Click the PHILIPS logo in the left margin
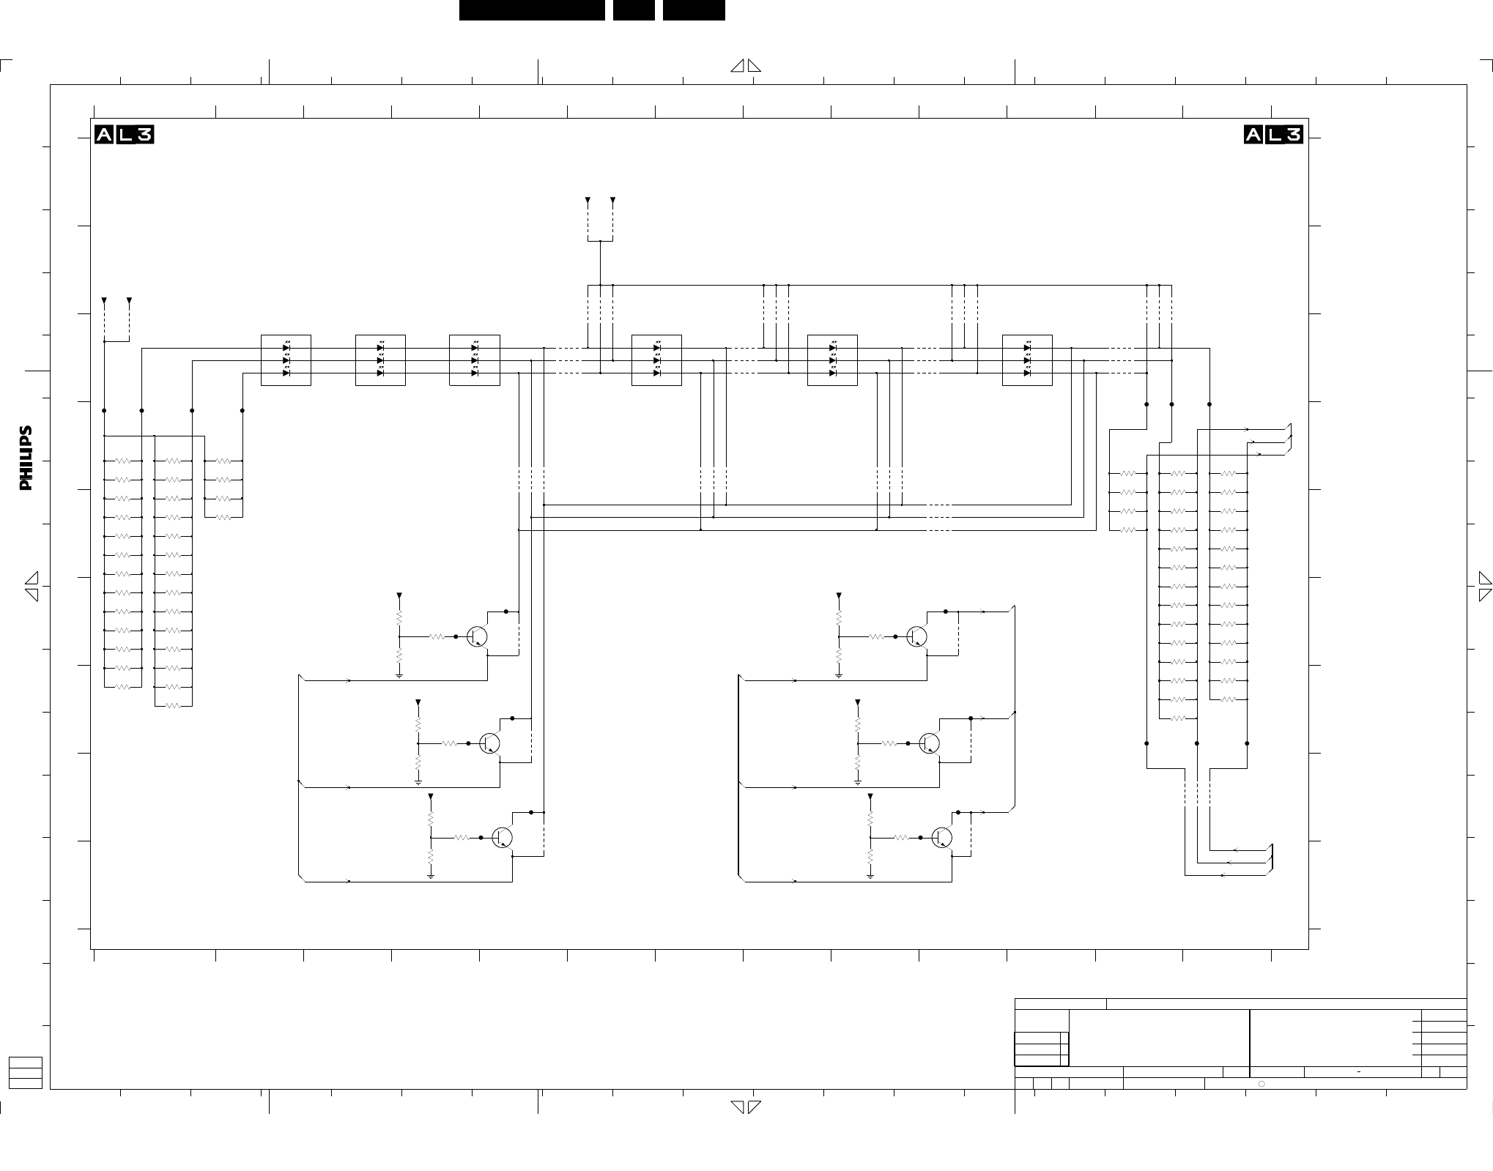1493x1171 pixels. click(26, 458)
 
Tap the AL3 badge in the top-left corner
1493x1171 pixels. click(125, 135)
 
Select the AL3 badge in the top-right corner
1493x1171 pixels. click(1274, 135)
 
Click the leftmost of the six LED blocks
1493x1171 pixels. click(286, 360)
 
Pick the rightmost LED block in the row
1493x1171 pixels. click(1027, 360)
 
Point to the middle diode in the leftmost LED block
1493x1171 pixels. click(286, 360)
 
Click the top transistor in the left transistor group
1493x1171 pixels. click(477, 636)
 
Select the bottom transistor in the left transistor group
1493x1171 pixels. click(502, 837)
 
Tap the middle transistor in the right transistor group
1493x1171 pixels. click(929, 743)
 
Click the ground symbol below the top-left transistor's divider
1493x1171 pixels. click(399, 675)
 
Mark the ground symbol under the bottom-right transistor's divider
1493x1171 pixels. click(870, 876)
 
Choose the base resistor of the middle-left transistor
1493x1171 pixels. click(449, 743)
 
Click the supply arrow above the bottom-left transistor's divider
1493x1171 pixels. click(431, 796)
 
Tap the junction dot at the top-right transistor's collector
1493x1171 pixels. click(946, 611)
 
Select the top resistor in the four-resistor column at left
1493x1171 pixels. click(223, 461)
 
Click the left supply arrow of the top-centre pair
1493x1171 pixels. click(588, 200)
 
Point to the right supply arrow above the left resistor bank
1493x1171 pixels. click(130, 301)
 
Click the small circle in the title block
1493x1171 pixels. click(1262, 1083)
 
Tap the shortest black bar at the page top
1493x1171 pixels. click(634, 10)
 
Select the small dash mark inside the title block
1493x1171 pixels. click(1359, 1072)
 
